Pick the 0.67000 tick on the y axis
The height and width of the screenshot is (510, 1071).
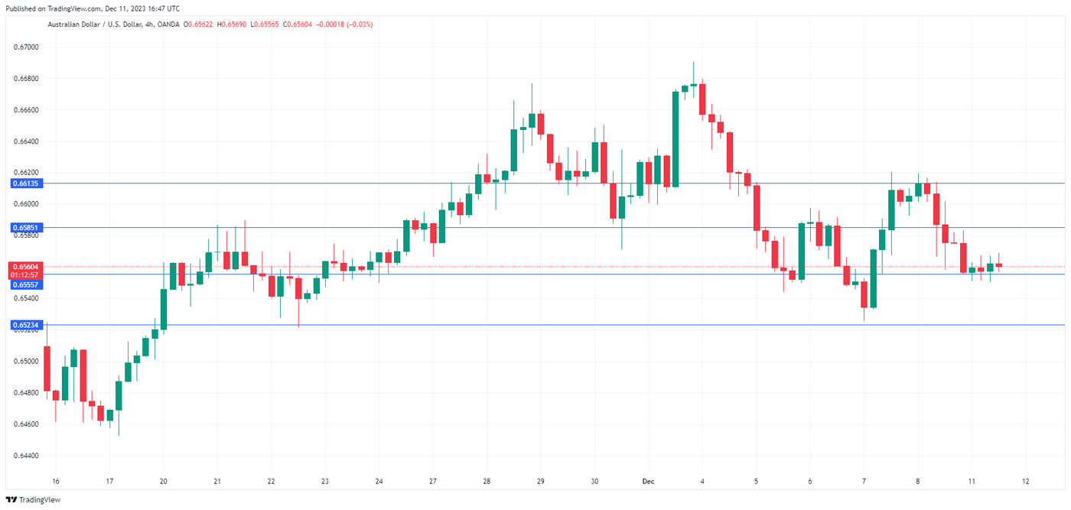[x=26, y=47]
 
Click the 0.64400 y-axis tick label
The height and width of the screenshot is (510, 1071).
[x=26, y=456]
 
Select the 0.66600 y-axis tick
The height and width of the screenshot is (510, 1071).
[x=26, y=110]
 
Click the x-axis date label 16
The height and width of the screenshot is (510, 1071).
[x=56, y=482]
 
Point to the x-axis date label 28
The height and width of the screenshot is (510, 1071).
[x=487, y=482]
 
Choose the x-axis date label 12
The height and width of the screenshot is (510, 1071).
[x=1026, y=482]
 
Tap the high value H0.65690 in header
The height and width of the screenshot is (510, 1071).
[x=233, y=24]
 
